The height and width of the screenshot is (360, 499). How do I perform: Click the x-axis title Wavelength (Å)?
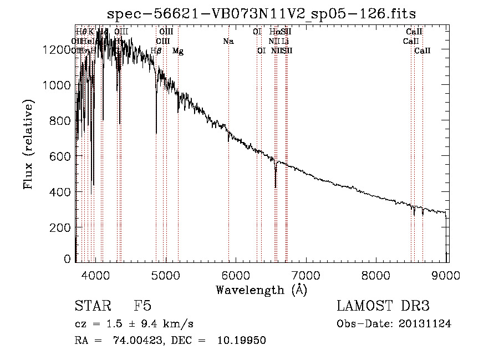point(261,290)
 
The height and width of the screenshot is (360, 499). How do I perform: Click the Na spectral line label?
point(228,41)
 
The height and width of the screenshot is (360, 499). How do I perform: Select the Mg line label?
point(178,50)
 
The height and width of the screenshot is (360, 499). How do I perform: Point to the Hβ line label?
point(156,50)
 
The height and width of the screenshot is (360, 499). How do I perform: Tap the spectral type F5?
point(142,306)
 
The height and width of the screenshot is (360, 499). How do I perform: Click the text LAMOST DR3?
point(383,306)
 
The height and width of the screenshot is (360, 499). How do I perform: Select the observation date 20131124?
point(426,324)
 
